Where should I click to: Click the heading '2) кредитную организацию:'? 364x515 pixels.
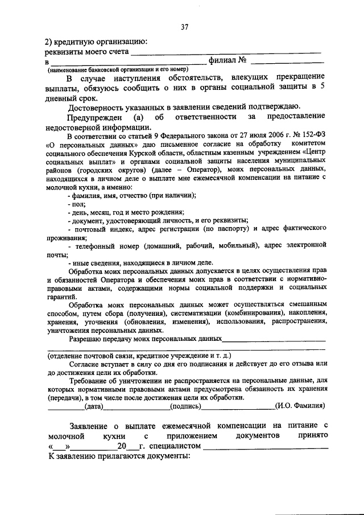[96, 41]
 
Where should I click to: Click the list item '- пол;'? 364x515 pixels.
[76, 203]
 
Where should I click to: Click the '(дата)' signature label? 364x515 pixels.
[93, 406]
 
